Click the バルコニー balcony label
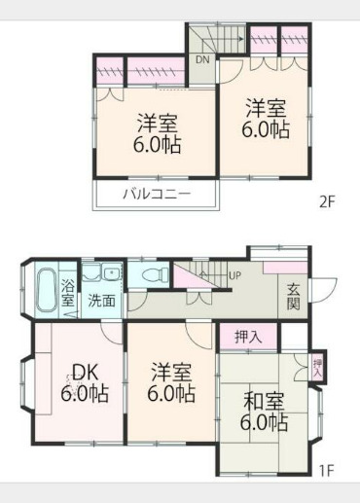156,194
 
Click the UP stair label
234,275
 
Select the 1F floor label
326,472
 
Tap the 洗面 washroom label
101,301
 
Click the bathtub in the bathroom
45,289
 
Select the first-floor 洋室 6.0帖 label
171,383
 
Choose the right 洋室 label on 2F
266,119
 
